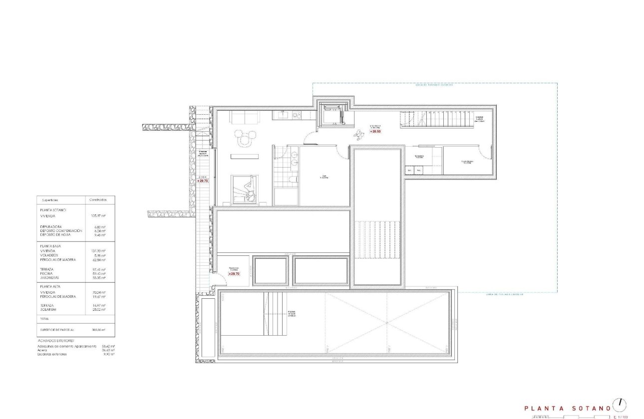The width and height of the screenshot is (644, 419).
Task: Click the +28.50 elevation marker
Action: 375,131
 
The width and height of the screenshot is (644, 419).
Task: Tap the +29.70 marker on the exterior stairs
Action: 203,181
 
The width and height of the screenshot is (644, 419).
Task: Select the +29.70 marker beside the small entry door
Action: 234,273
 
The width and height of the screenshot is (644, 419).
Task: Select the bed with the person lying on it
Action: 245,190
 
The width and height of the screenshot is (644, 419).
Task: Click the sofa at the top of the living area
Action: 244,117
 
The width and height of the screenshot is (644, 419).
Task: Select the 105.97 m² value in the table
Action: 98,216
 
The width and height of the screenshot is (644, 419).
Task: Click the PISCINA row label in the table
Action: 48,273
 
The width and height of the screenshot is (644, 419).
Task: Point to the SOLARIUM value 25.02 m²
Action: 98,309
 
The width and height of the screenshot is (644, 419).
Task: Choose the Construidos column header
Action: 97,200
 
